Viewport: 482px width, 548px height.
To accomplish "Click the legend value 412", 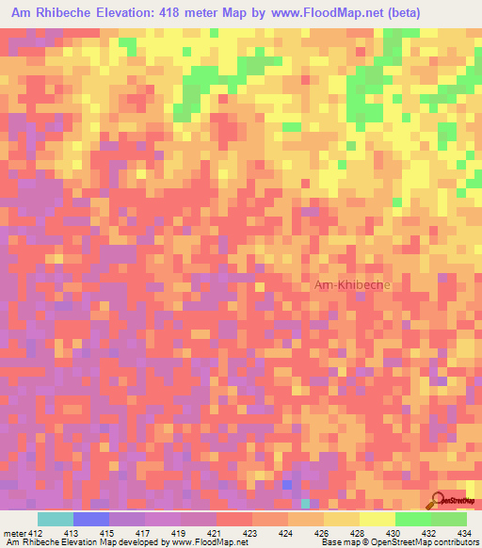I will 37,533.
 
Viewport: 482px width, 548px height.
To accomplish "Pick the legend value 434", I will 466,533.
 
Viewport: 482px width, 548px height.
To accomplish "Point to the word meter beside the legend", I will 13,533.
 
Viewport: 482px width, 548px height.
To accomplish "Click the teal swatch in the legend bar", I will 55,519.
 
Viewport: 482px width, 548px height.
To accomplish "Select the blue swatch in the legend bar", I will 90,519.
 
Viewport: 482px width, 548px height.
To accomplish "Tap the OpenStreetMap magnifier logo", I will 440,500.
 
